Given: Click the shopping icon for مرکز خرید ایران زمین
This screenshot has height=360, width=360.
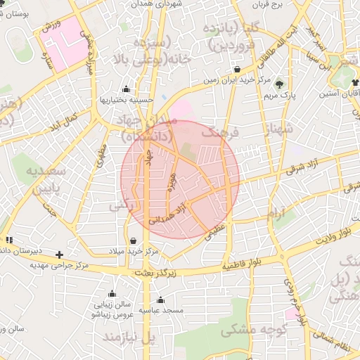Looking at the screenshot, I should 238,70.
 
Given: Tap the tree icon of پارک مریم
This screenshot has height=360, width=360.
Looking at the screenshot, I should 280,82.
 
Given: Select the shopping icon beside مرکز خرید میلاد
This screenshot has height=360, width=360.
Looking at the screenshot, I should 133,240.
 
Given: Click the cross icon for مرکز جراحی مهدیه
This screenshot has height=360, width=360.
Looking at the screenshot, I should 60,255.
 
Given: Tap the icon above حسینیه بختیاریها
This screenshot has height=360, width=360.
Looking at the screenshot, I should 126,89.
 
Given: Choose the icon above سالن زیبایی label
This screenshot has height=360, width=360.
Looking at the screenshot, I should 112,294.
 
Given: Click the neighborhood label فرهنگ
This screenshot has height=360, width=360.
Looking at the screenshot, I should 221,131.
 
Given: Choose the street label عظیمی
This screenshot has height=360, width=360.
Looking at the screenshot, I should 217,233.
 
